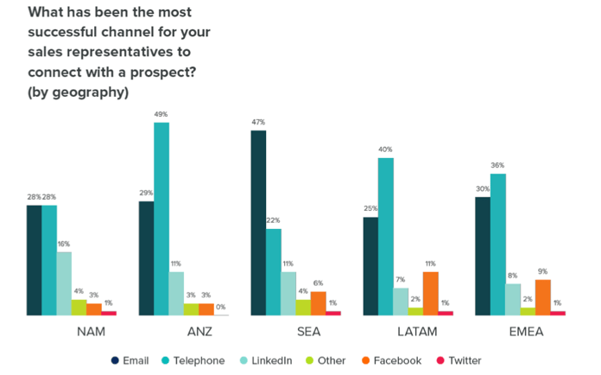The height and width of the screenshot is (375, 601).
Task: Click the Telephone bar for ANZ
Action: (161, 219)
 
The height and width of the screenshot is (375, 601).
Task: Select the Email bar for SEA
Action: (258, 223)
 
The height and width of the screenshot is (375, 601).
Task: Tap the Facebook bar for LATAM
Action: (430, 294)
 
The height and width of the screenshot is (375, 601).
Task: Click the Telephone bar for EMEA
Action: (498, 245)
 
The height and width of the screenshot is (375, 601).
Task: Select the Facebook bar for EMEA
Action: (542, 297)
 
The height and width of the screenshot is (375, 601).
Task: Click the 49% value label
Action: (161, 115)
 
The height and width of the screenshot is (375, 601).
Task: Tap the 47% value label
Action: (258, 123)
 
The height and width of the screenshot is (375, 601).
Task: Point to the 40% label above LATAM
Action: (385, 149)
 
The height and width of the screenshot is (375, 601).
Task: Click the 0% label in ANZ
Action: (222, 308)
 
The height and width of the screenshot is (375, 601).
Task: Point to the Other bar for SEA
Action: (303, 308)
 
